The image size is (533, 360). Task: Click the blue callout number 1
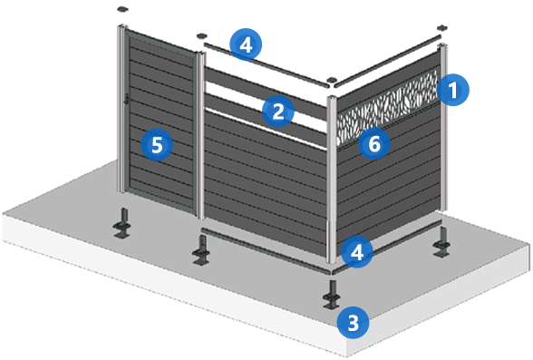(x=453, y=90)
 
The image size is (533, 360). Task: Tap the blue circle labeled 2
(x=278, y=112)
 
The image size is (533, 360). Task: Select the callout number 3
(x=353, y=322)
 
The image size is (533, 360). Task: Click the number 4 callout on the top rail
(x=246, y=44)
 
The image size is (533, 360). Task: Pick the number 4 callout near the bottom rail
(x=357, y=253)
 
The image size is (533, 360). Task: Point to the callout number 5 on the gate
(x=157, y=145)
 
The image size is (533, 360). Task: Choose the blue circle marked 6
(x=374, y=143)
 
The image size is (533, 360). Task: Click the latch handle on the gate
(x=126, y=99)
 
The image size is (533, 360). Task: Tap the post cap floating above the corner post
(x=331, y=80)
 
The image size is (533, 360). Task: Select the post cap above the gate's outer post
(x=122, y=9)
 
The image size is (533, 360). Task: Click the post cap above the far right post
(x=442, y=28)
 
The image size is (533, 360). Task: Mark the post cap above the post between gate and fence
(x=202, y=35)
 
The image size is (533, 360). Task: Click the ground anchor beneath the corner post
(x=332, y=295)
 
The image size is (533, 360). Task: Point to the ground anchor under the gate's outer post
(x=122, y=223)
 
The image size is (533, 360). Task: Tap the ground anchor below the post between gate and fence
(x=201, y=251)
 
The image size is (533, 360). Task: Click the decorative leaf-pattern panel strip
(x=387, y=106)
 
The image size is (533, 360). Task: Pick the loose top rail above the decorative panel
(x=387, y=61)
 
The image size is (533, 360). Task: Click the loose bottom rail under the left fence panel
(x=266, y=251)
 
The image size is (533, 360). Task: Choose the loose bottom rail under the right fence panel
(x=388, y=247)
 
